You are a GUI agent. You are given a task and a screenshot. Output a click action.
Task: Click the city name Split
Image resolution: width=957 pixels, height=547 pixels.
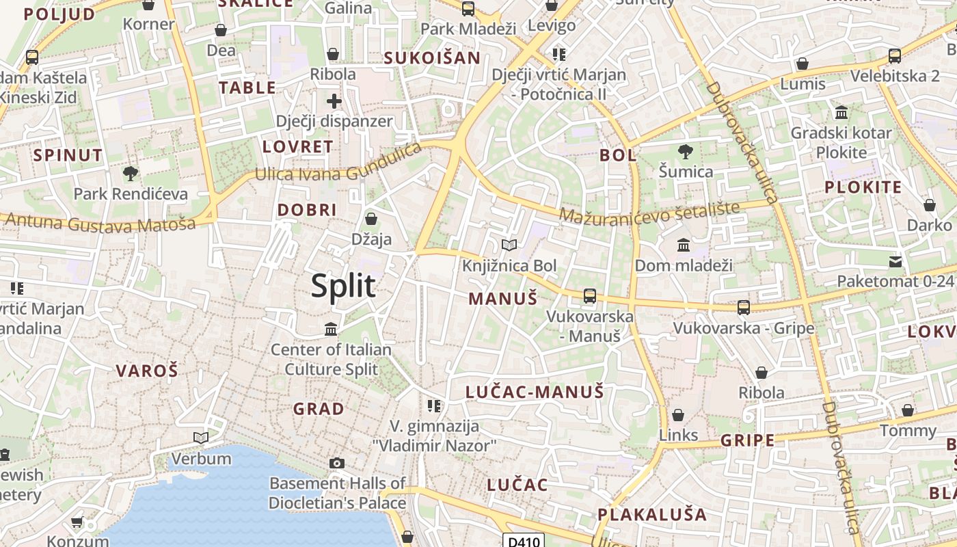(343, 286)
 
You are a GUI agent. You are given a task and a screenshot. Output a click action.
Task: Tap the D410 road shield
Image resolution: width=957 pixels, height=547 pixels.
(524, 542)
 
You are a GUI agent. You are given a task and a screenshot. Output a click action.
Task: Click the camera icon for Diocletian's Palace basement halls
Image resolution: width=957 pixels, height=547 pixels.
(336, 464)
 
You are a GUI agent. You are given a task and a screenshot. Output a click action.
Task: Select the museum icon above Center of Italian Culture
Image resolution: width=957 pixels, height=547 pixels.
(331, 330)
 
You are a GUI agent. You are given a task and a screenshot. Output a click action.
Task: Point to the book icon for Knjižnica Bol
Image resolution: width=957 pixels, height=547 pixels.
(509, 245)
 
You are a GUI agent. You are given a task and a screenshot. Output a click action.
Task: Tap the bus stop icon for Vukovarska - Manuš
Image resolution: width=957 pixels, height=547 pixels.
(589, 296)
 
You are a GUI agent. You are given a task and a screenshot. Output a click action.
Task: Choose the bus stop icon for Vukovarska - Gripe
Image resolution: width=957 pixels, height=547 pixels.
(744, 307)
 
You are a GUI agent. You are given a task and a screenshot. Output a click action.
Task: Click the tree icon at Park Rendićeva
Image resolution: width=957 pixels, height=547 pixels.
(130, 174)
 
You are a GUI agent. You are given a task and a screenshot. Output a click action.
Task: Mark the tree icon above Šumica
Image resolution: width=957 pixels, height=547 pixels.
(685, 152)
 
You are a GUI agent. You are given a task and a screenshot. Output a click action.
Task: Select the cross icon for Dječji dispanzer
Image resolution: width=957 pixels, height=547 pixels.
(334, 102)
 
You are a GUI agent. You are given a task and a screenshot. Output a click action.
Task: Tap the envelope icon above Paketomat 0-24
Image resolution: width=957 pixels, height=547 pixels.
(895, 261)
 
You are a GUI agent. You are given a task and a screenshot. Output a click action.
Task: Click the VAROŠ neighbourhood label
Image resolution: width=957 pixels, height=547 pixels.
(147, 371)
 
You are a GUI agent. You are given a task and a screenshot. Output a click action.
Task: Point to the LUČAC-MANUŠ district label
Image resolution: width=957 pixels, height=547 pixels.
(535, 392)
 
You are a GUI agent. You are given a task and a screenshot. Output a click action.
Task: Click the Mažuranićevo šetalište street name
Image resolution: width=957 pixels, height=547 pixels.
(649, 213)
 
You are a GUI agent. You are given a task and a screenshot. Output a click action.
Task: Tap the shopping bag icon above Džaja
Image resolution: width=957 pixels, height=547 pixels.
(371, 219)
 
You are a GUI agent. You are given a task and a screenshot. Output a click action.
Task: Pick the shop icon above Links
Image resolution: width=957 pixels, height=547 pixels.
(678, 415)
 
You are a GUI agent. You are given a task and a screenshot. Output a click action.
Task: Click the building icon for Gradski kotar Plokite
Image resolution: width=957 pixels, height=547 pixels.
(841, 112)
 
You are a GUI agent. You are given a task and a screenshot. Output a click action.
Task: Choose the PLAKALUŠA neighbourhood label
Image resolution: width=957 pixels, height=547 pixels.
(652, 514)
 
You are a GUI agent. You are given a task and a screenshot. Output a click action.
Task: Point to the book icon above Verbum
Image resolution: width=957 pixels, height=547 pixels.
(201, 438)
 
